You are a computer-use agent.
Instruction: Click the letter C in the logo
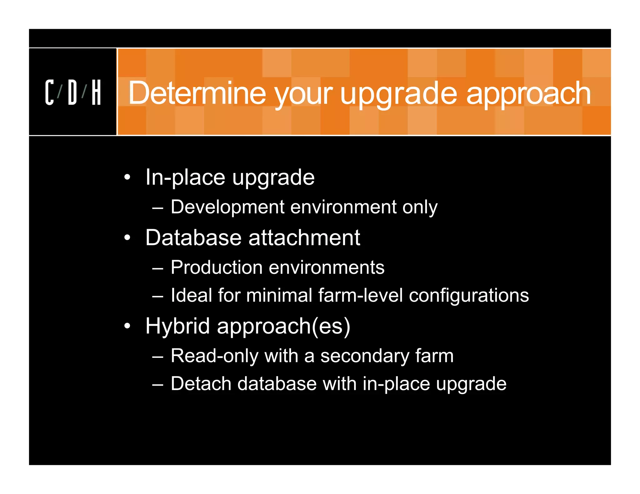tap(49, 92)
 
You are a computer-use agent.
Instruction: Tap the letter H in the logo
tap(96, 92)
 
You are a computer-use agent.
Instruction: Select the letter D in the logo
tap(72, 92)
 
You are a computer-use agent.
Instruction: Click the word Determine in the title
tap(197, 93)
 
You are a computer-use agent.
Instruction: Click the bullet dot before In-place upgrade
tap(127, 177)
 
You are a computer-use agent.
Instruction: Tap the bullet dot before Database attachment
tap(127, 238)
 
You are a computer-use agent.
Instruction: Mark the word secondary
tap(364, 356)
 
